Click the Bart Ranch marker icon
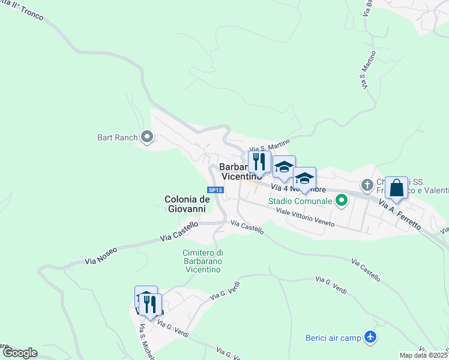[x=146, y=137]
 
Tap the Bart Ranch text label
[x=118, y=137]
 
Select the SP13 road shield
[x=217, y=190]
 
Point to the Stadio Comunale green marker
[x=342, y=200]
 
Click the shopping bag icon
[x=397, y=188]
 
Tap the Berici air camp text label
[x=333, y=338]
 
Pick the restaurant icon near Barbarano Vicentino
[x=259, y=161]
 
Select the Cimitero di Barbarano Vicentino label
[x=203, y=261]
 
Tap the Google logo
[x=19, y=353]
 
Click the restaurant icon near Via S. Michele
[x=151, y=304]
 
